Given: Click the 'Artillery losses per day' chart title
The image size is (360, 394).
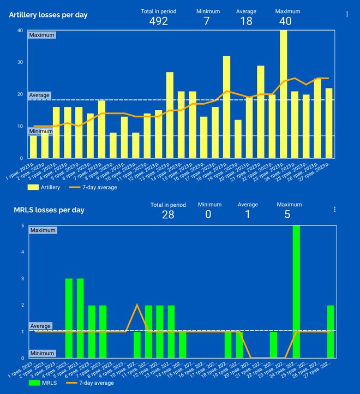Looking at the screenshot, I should (48, 15).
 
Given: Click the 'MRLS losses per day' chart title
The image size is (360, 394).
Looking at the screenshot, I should (49, 210).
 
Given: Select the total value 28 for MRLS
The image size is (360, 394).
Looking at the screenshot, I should (168, 214).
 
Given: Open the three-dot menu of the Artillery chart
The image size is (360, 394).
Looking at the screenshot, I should (347, 14).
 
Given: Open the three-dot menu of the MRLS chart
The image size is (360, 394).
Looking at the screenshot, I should (334, 209).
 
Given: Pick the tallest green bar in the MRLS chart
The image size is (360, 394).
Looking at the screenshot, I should (296, 291).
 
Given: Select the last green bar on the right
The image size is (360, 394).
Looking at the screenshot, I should (331, 331).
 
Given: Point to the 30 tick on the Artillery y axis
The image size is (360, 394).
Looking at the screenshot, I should (20, 62).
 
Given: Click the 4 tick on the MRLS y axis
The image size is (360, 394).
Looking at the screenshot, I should (22, 252).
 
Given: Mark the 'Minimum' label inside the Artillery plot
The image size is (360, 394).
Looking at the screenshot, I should (41, 132).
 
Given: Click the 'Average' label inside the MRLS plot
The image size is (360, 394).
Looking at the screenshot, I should (40, 326).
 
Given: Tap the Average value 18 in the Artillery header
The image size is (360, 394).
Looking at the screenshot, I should (246, 21).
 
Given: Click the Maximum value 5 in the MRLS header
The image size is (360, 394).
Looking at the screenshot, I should (287, 214).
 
